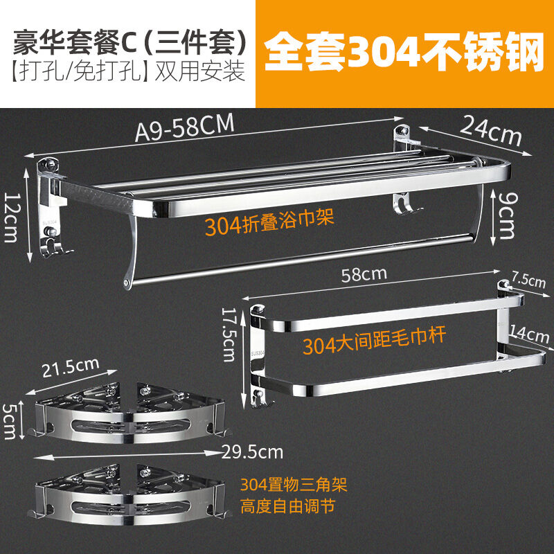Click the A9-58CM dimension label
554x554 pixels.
coord(185,127)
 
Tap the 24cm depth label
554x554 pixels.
coord(491,130)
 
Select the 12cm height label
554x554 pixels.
coord(11,217)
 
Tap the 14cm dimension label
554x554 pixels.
coord(529,334)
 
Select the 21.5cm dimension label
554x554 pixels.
coord(71,367)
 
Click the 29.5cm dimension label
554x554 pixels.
coord(252,452)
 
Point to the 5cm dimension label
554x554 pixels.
coord(10,421)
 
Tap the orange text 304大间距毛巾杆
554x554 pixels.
coord(374,341)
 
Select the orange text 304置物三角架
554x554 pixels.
coord(294,484)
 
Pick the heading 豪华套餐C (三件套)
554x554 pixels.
coord(130,42)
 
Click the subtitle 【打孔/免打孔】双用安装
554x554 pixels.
coord(128,71)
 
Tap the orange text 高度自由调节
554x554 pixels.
coord(287,506)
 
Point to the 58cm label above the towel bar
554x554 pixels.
coord(364,274)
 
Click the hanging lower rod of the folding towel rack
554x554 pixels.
coord(304,259)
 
